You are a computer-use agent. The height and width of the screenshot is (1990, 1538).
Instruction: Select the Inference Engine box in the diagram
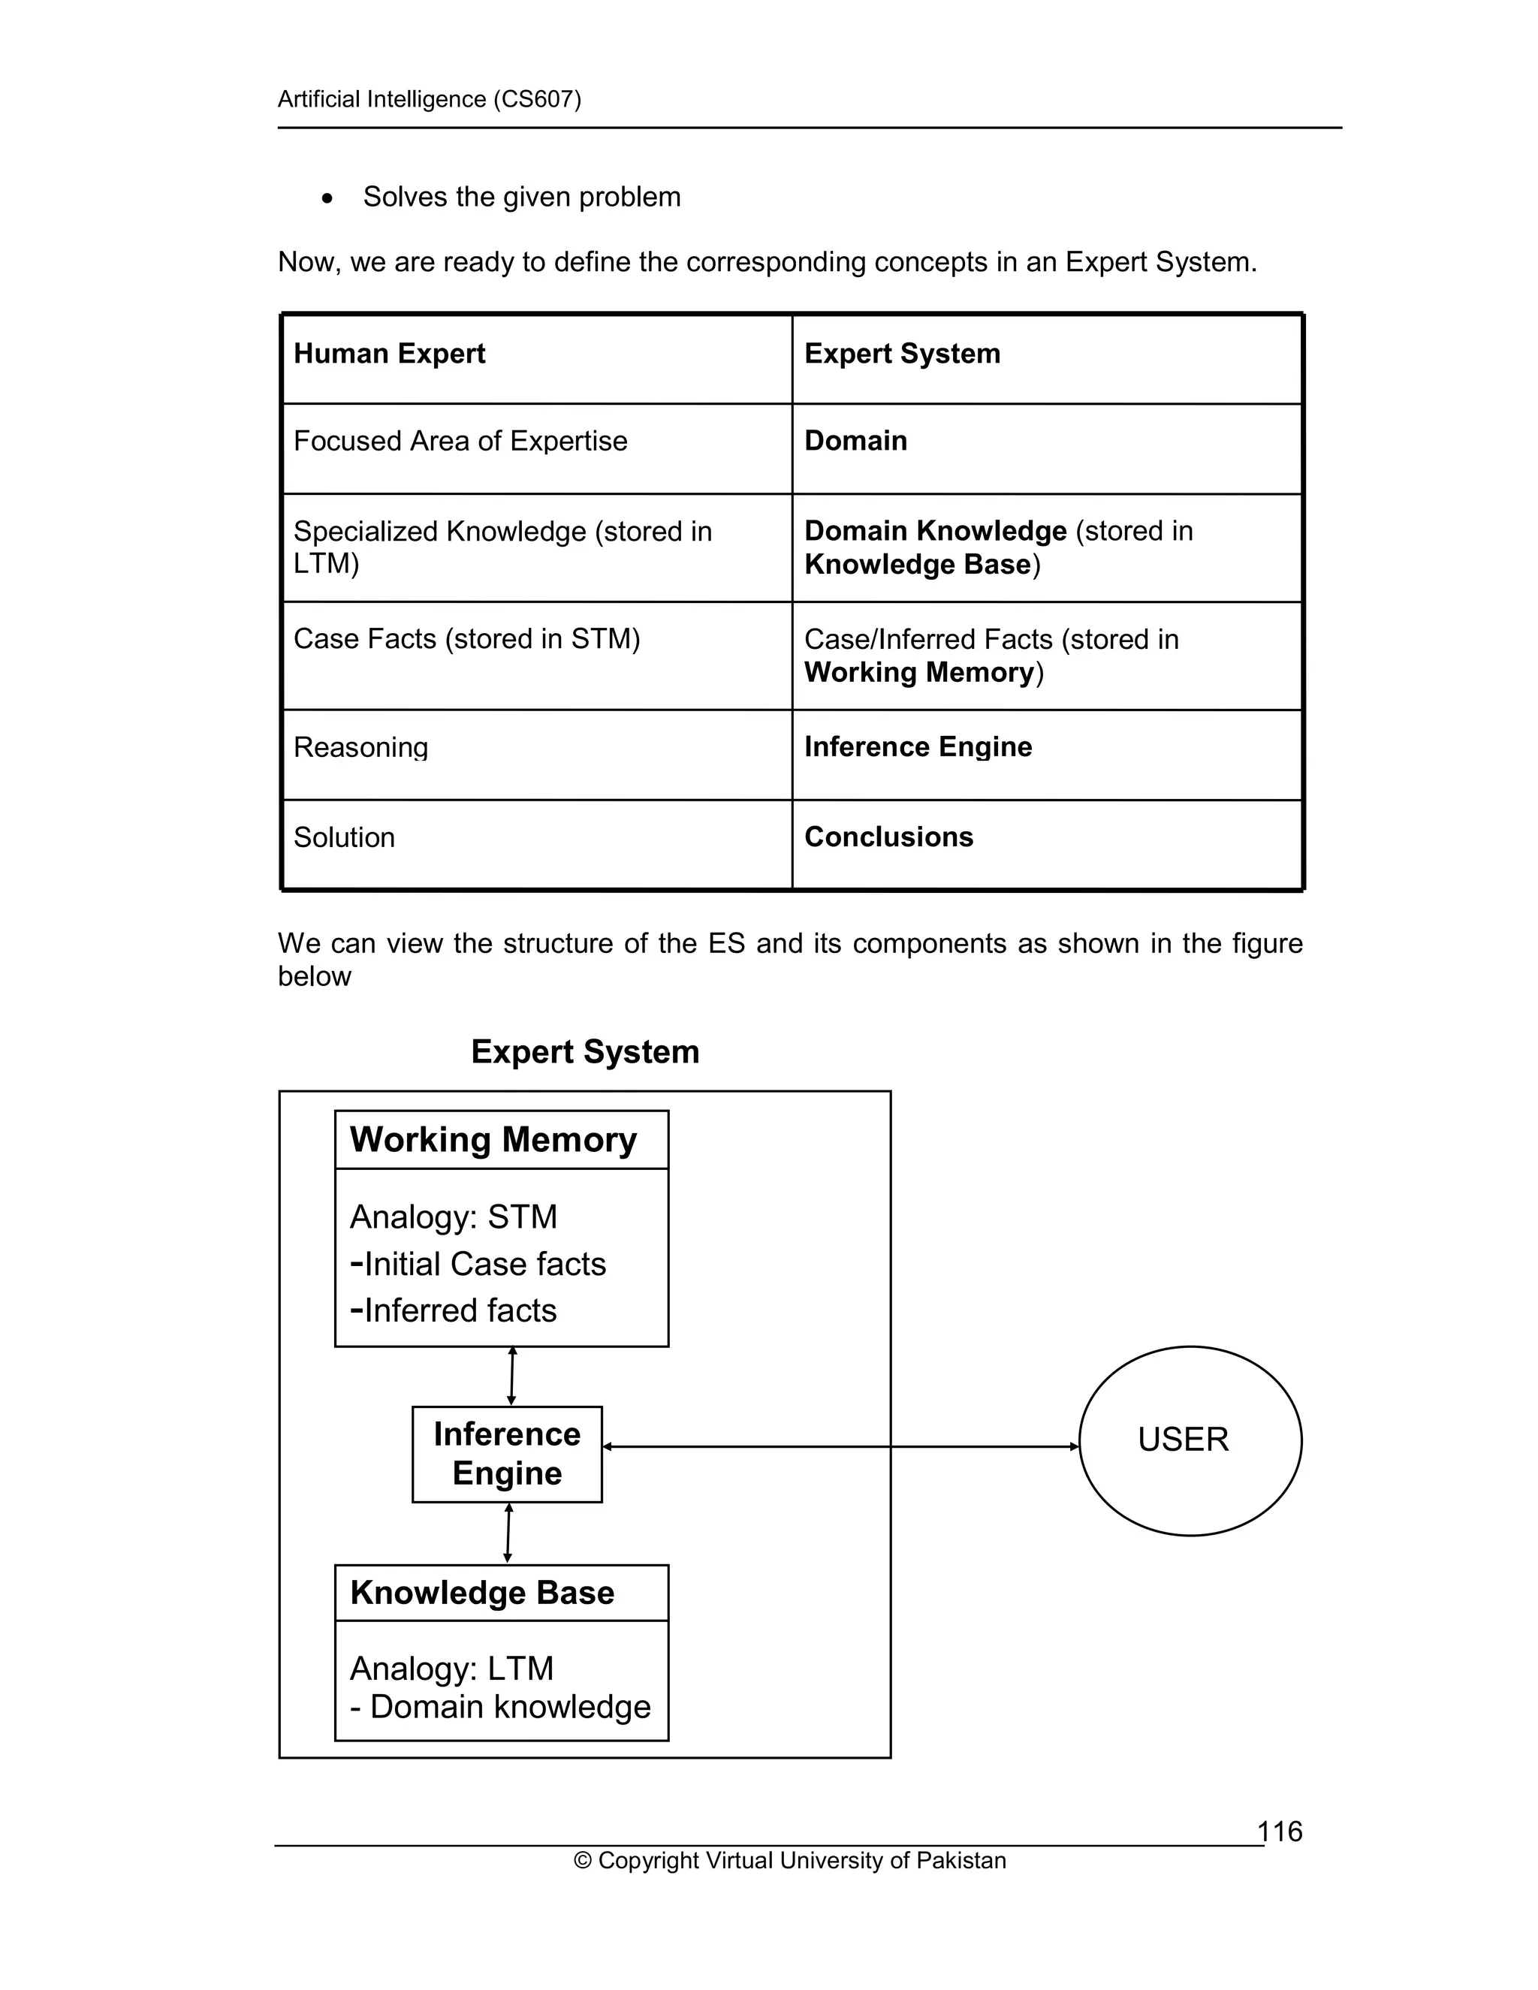(507, 1453)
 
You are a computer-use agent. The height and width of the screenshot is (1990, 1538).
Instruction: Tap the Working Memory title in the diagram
(493, 1140)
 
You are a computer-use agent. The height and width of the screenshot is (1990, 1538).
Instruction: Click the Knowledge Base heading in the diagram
(482, 1593)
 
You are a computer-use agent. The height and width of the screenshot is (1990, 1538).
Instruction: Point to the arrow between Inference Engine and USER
(838, 1446)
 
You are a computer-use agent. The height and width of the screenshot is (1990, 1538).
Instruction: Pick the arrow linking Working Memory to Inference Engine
(511, 1376)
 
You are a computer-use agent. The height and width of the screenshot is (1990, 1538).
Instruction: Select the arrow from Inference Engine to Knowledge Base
(508, 1533)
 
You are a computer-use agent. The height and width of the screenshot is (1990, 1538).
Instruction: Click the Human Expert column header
(389, 354)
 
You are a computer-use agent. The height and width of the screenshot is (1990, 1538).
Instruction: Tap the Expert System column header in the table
(902, 354)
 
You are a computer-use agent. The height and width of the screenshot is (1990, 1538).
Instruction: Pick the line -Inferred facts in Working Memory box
(453, 1310)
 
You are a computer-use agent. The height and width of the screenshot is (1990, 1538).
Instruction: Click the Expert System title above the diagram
(585, 1051)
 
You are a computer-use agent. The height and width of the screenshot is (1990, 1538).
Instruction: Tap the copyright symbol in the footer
(582, 1861)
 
